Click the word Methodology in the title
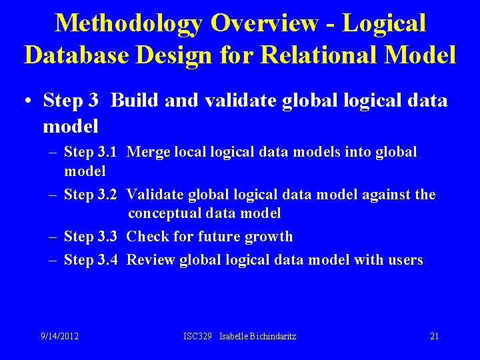[x=129, y=23]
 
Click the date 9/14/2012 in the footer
[x=60, y=336]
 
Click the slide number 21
[x=435, y=336]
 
